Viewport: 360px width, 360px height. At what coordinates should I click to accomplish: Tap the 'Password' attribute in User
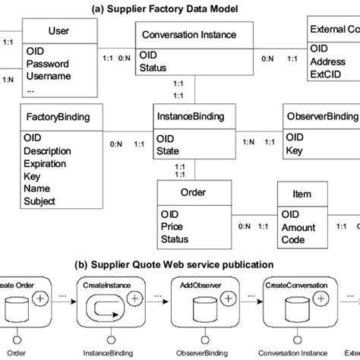click(x=47, y=64)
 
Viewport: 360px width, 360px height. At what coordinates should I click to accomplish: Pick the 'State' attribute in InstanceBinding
click(x=169, y=151)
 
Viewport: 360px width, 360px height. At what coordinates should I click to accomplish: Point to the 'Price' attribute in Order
click(x=172, y=226)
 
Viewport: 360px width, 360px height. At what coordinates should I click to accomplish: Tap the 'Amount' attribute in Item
click(x=298, y=226)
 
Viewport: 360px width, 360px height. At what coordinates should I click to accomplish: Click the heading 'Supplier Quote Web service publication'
click(x=179, y=266)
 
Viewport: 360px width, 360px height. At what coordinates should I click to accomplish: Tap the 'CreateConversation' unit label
click(x=296, y=286)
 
